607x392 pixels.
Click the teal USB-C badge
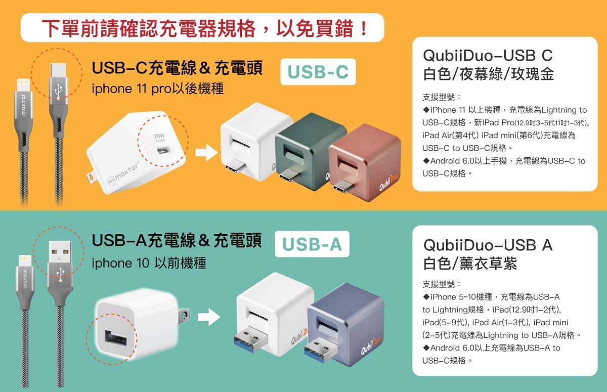[318, 72]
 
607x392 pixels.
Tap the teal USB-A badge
[312, 244]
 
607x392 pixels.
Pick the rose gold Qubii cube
[365, 162]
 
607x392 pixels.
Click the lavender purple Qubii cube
[345, 325]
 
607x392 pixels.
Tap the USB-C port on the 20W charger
[163, 150]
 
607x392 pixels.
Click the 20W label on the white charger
[159, 136]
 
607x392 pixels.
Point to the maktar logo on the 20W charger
[123, 173]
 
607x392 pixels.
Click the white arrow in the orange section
[206, 153]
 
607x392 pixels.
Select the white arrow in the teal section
[209, 317]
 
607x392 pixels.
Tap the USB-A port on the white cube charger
[116, 338]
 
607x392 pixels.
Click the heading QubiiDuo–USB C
[488, 55]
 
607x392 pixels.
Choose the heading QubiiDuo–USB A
[488, 245]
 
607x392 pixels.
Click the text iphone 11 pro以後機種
[158, 89]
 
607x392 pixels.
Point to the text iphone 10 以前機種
[149, 263]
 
